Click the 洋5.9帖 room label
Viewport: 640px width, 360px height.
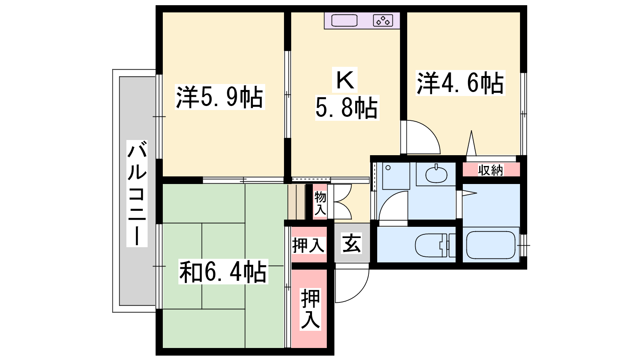coord(220,97)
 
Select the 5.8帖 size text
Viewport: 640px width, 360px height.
coord(347,108)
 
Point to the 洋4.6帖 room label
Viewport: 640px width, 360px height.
coord(460,83)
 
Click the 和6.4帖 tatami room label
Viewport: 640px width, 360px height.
coord(223,272)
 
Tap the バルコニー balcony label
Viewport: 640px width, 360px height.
coord(137,194)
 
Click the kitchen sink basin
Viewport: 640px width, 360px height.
coord(344,20)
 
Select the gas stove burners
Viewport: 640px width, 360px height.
coord(383,20)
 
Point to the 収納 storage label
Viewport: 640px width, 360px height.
coord(490,170)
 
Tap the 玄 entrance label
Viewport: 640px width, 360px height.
coord(352,243)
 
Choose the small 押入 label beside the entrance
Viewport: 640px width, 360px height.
coord(308,245)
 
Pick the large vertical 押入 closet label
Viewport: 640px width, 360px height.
coord(310,309)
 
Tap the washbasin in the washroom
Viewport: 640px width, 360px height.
coord(436,174)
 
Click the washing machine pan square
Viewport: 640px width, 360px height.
coord(396,176)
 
